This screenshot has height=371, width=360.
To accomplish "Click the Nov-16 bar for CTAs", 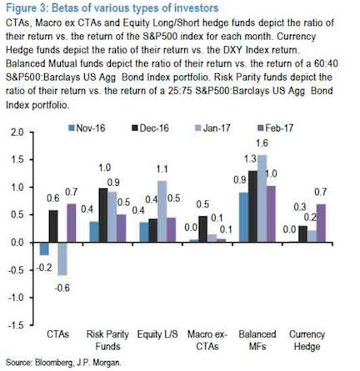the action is (x=44, y=248).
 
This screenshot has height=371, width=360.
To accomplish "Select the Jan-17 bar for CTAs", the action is (x=62, y=258).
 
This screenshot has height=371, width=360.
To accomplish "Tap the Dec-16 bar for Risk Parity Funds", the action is (x=103, y=215).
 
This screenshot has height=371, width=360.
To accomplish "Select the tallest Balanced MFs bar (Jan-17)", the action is (x=262, y=198).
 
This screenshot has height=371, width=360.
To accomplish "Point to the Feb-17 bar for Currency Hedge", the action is (x=322, y=223).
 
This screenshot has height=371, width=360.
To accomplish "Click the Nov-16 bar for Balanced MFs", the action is (x=243, y=218).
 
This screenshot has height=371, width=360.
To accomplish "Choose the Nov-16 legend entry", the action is (x=87, y=128).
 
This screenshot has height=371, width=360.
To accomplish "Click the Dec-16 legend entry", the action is (x=150, y=128).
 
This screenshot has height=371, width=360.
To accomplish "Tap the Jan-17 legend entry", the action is (x=212, y=128).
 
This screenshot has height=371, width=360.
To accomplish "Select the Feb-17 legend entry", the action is (x=275, y=128).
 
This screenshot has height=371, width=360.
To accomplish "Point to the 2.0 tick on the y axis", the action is (x=17, y=133).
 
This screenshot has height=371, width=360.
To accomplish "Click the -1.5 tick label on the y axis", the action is (x=16, y=325).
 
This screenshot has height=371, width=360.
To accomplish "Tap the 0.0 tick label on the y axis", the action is (x=17, y=243).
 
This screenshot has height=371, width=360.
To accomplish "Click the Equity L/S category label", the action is (x=157, y=334).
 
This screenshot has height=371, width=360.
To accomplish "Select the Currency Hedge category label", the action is (x=307, y=340).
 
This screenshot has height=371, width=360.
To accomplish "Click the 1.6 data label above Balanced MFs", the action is (x=262, y=143).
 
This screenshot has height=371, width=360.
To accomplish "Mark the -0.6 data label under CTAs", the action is (x=62, y=288).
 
